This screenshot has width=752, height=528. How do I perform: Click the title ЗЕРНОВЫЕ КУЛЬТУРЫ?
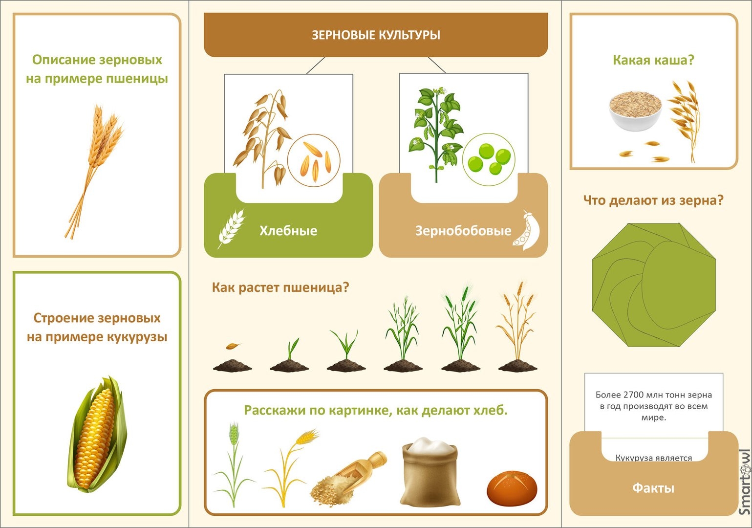376,35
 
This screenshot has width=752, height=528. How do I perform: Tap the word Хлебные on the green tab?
288,231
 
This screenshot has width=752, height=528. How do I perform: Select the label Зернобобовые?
463,231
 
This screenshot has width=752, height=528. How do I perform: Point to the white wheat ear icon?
231,228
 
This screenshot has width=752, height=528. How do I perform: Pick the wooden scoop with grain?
349,478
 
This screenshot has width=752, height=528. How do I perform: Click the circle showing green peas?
489,159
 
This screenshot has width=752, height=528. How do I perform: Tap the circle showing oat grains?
314,160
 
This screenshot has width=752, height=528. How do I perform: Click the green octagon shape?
654,285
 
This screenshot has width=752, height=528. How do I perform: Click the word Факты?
653,488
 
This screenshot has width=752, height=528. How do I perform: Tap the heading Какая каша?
653,60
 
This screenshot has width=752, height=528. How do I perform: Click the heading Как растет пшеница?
280,287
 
